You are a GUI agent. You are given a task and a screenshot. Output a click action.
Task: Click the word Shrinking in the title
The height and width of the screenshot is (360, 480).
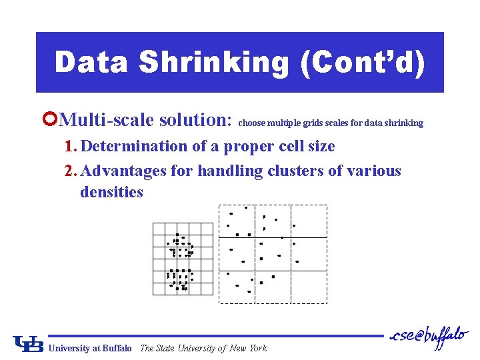[214, 63]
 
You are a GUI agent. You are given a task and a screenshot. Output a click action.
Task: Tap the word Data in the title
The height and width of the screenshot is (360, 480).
[92, 63]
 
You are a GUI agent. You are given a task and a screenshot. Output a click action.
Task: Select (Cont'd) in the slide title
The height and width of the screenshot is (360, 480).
[362, 63]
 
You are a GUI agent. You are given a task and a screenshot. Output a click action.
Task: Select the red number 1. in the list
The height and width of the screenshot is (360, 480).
[72, 146]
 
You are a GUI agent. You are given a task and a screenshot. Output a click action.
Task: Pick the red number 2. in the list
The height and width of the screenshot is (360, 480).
[72, 171]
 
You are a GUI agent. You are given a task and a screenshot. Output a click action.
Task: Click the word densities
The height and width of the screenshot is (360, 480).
[111, 192]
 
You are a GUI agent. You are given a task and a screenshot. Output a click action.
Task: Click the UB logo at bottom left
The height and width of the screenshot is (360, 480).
[29, 343]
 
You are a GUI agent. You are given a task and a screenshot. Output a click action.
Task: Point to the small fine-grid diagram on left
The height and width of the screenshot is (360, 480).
[182, 258]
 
